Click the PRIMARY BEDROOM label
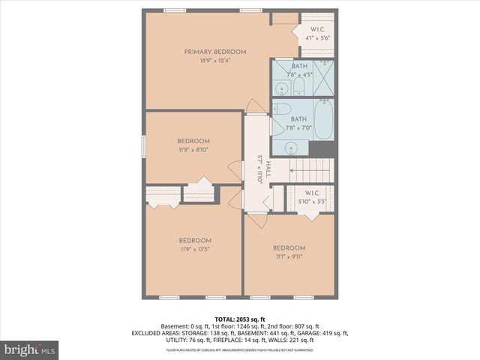tap(215, 52)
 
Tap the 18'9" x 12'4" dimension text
tap(215, 61)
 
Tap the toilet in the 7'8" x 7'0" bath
tap(281, 109)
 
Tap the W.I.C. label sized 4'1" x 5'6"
tap(317, 30)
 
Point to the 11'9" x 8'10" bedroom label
tap(193, 141)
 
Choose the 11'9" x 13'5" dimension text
tap(193, 249)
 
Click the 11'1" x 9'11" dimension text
tap(289, 257)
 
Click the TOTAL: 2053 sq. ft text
tap(240, 319)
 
